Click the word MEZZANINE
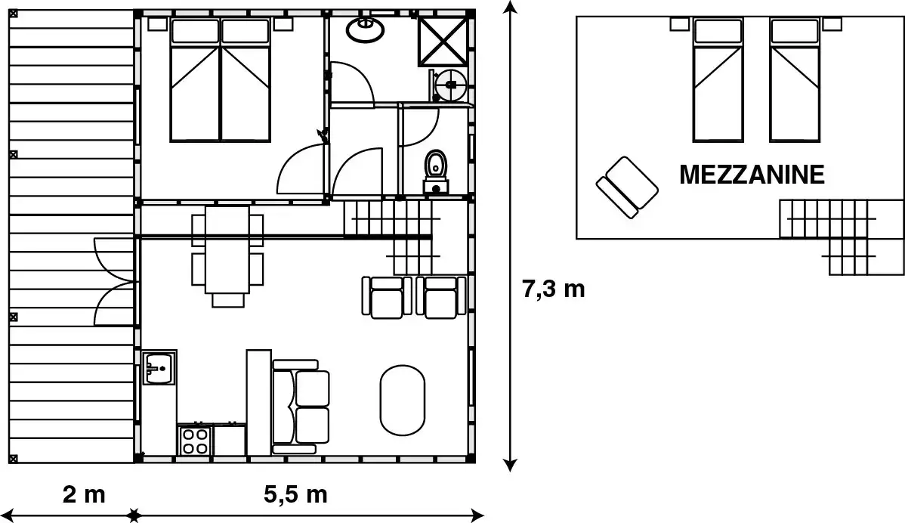click(x=752, y=175)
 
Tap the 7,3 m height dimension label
click(x=554, y=289)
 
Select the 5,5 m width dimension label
click(x=295, y=494)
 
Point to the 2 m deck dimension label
click(x=85, y=494)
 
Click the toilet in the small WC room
click(x=436, y=172)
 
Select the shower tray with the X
click(x=442, y=41)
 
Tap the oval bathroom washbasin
click(x=365, y=29)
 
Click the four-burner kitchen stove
click(x=196, y=441)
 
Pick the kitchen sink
click(x=159, y=367)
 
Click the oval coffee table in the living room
click(x=403, y=400)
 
